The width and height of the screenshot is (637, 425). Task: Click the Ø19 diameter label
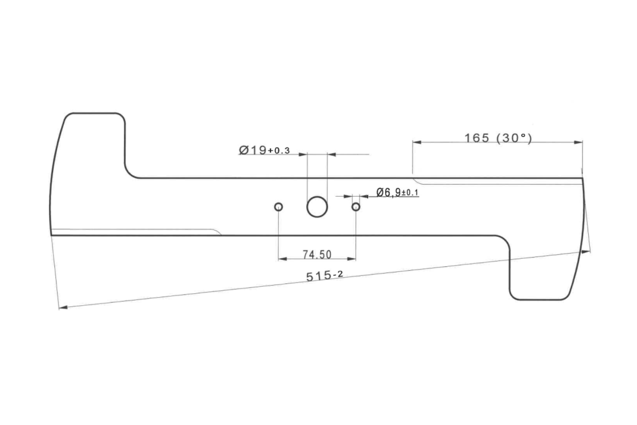[253, 150]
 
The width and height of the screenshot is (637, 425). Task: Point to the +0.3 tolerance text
[279, 150]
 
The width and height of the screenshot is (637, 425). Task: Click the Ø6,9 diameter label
[389, 193]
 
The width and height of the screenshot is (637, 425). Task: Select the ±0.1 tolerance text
[410, 193]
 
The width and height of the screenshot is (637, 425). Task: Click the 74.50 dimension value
[317, 255]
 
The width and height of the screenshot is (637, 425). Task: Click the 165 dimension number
[477, 138]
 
